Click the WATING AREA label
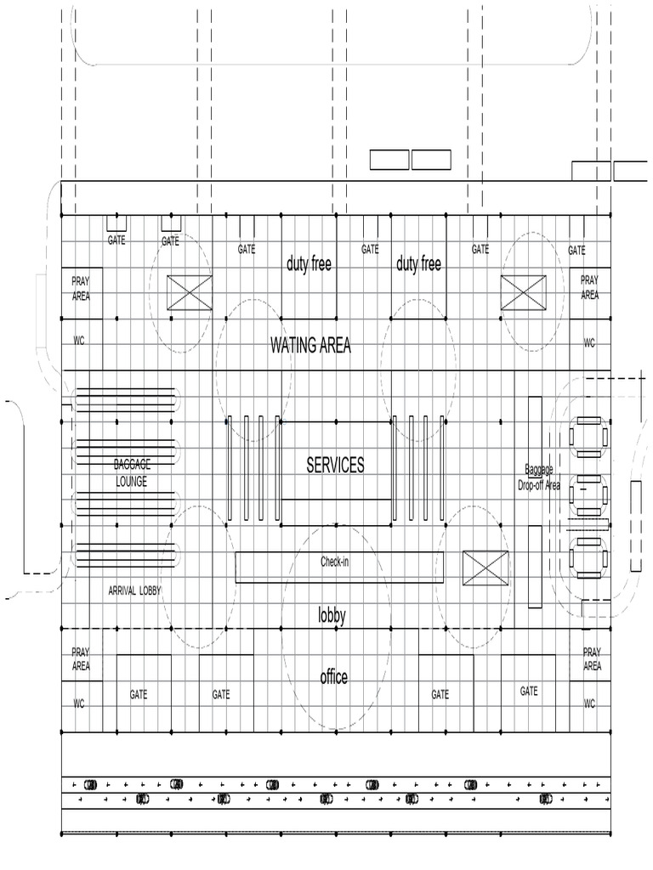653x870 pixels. coord(310,345)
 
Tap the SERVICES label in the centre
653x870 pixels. coord(335,465)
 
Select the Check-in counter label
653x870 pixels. coord(334,562)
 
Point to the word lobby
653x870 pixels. coord(332,615)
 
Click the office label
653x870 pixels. coord(333,676)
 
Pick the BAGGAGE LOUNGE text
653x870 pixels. coord(132,472)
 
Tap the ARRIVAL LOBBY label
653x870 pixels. coord(134,591)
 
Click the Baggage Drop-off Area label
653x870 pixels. coord(539,477)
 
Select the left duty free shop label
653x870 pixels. coord(309,263)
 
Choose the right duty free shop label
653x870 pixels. coord(418,263)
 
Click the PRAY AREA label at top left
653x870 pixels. coord(81,289)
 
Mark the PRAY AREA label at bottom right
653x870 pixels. coord(592,658)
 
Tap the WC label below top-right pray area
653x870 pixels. coord(589,343)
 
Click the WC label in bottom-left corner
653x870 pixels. coord(79,703)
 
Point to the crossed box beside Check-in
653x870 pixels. coord(485,568)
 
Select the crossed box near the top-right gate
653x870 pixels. coord(523,292)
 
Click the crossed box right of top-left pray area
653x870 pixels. coord(190,292)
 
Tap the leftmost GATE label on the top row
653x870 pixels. coord(116,240)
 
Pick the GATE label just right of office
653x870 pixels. coord(440,694)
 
